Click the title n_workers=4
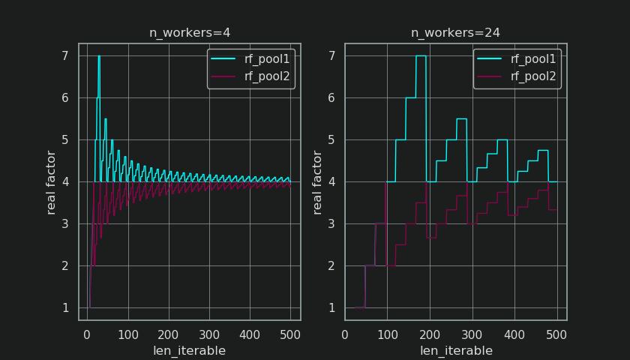click(189, 33)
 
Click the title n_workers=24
click(455, 33)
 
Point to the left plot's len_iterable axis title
click(189, 350)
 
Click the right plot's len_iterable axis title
click(455, 350)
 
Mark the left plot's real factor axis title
click(51, 182)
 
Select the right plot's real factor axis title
click(317, 182)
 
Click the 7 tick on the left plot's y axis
click(65, 55)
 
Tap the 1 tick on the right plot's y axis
click(331, 307)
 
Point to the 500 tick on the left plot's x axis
click(290, 334)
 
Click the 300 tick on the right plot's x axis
click(472, 334)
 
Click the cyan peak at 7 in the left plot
click(99, 56)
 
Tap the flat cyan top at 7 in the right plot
click(421, 55)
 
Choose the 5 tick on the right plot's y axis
click(331, 139)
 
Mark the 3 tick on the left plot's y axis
click(65, 223)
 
